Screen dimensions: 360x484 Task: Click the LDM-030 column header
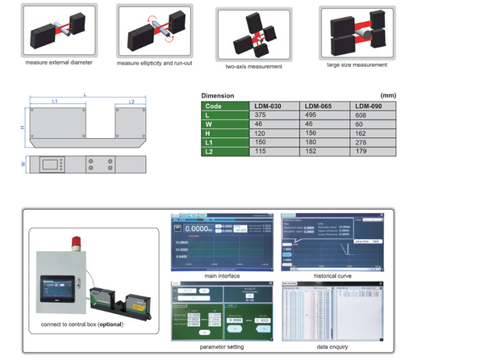coord(272,106)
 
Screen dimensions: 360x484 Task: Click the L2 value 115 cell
coord(272,150)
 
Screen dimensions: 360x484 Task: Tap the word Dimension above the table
coord(218,95)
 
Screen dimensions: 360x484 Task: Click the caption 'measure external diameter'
coord(58,62)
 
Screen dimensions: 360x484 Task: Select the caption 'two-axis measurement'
coord(253,67)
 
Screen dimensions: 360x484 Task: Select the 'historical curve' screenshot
coord(332,243)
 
